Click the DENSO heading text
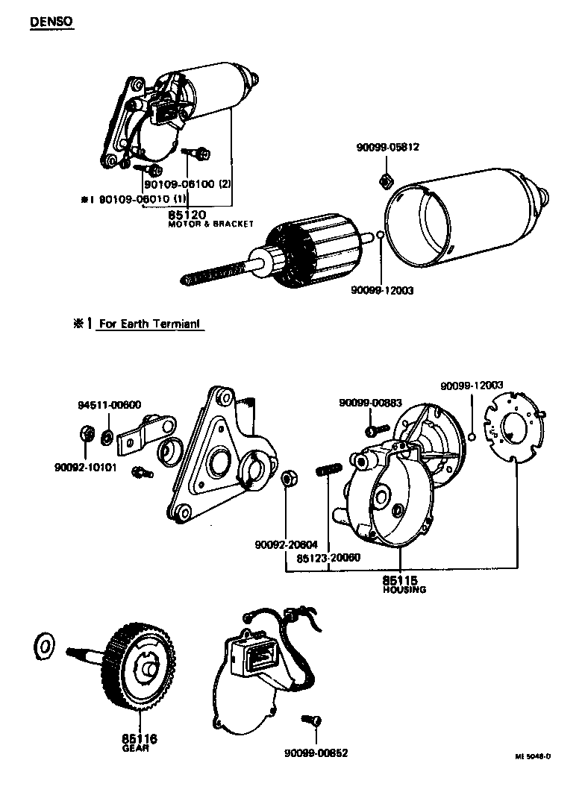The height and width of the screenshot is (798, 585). [x=51, y=22]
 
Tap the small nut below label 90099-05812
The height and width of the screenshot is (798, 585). [x=387, y=180]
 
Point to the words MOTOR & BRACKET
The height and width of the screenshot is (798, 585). [x=210, y=224]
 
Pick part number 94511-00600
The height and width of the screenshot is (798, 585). [x=109, y=405]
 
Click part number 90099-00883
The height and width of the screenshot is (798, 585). [x=370, y=403]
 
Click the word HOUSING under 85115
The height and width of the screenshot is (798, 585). [x=404, y=589]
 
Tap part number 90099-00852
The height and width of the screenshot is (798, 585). [x=316, y=753]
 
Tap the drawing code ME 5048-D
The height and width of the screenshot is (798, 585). [x=532, y=755]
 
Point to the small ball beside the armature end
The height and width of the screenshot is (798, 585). [x=379, y=238]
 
